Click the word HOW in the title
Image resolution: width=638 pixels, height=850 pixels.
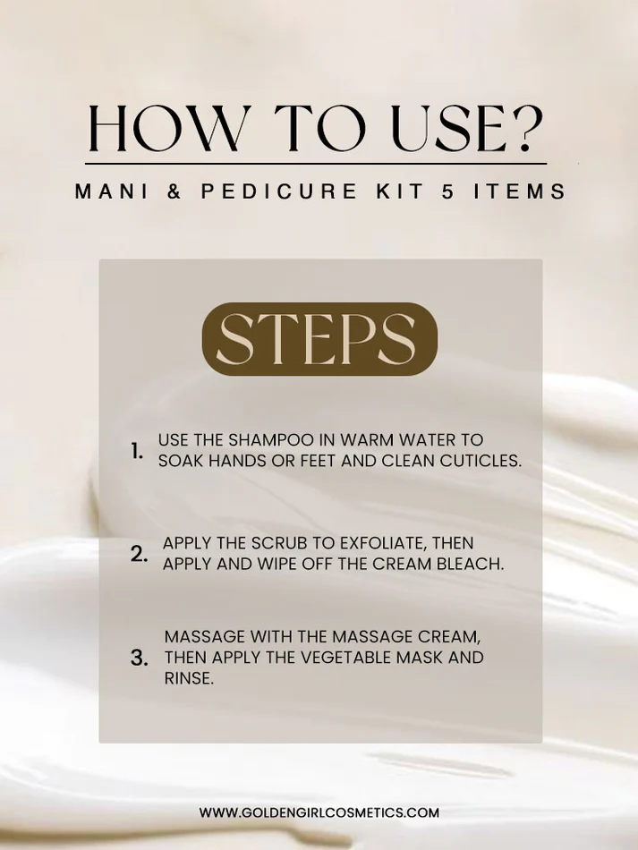(164, 128)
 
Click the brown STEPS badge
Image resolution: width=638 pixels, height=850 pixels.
(319, 339)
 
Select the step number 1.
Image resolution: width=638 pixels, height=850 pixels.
(137, 451)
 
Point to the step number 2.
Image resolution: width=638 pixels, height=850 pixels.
(139, 554)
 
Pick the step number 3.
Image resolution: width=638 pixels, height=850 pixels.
(140, 658)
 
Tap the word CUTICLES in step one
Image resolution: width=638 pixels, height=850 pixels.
(481, 461)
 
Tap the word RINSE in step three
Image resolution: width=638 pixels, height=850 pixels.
(189, 678)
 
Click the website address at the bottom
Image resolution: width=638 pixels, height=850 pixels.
(319, 812)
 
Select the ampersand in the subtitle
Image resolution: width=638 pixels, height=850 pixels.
(174, 191)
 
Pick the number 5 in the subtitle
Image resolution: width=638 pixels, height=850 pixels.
(447, 191)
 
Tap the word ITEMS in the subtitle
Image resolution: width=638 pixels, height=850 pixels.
(520, 191)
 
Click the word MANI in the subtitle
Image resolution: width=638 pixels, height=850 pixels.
(111, 191)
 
